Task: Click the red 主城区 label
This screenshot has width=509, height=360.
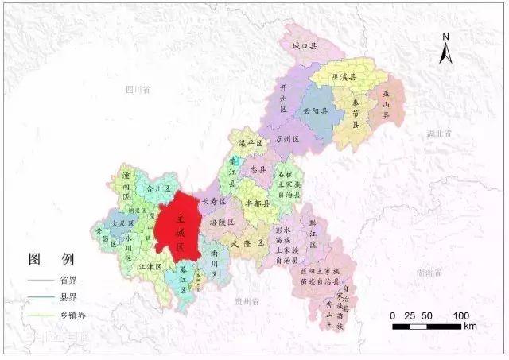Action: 180,226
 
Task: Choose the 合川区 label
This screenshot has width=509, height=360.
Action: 147,188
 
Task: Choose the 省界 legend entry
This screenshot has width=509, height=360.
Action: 68,280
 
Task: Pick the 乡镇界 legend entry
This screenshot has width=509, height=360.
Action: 71,316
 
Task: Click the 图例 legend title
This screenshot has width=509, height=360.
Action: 51,260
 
